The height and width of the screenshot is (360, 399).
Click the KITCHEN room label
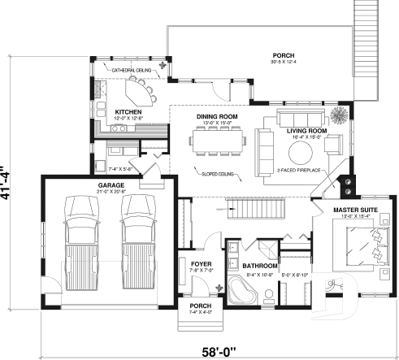tap(129, 111)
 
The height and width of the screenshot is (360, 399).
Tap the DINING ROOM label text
tap(217, 116)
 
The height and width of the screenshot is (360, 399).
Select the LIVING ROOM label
tap(306, 130)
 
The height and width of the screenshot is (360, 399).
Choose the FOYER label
tap(201, 264)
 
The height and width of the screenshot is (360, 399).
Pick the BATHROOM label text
tap(258, 266)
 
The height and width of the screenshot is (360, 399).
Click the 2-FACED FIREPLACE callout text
tap(300, 171)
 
